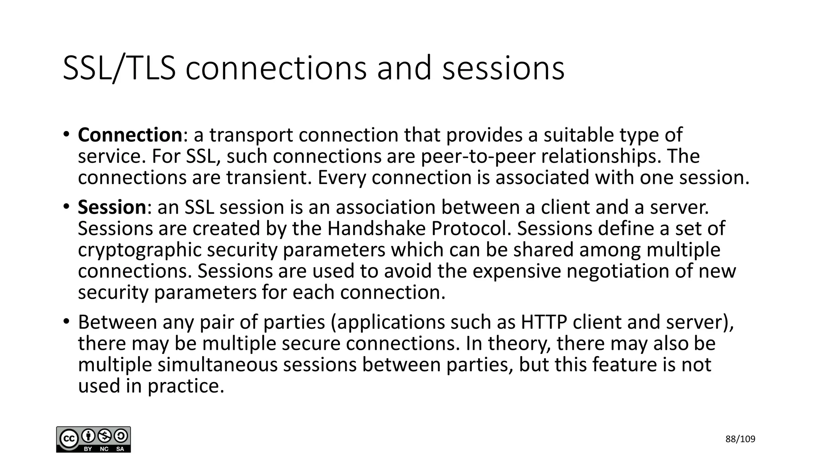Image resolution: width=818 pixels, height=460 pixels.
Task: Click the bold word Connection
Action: (130, 135)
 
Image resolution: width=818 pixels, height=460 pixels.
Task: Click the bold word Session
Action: (112, 207)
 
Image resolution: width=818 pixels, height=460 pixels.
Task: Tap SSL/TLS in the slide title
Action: (119, 68)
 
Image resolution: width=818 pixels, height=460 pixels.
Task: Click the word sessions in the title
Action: (503, 68)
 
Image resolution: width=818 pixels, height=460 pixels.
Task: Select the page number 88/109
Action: (740, 439)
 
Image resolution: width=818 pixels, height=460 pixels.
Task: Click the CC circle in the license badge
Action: (68, 439)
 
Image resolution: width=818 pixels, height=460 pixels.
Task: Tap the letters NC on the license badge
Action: (104, 449)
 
